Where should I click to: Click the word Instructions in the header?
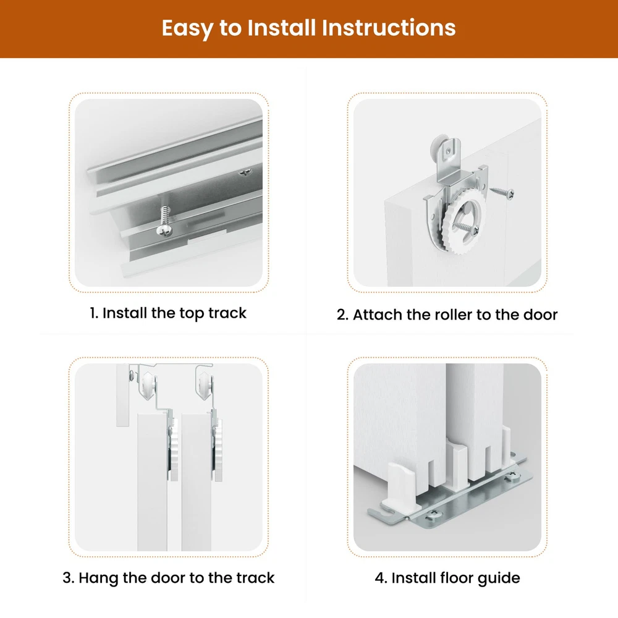pos(388,28)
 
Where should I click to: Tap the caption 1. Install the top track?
pos(168,313)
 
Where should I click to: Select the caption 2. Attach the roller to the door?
pos(447,315)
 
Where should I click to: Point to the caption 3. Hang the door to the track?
pos(168,578)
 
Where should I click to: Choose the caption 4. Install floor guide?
pos(447,578)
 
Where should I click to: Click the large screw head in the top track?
pos(164,230)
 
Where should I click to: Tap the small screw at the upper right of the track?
pos(246,172)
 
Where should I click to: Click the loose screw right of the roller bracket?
pos(502,193)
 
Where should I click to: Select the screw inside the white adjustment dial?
pos(466,228)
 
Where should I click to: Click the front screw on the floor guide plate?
pos(432,514)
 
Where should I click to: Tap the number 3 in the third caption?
pos(68,578)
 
